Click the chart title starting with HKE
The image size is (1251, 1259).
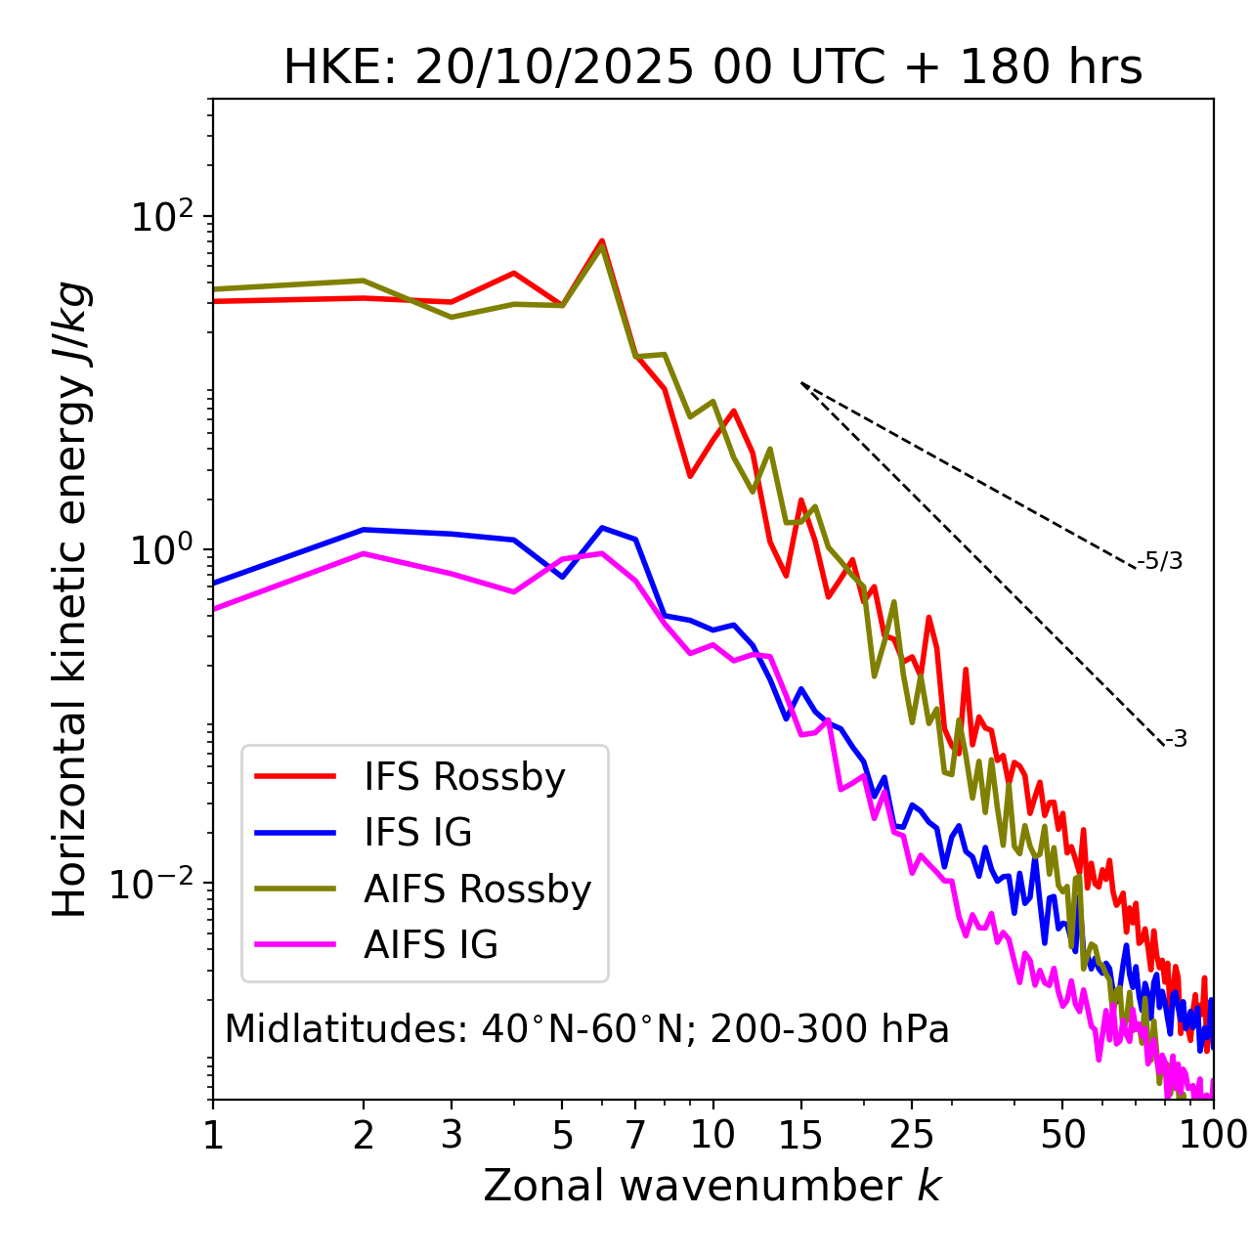pyautogui.click(x=712, y=68)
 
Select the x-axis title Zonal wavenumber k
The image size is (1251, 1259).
pyautogui.click(x=712, y=1186)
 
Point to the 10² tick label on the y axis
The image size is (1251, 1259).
pyautogui.click(x=161, y=216)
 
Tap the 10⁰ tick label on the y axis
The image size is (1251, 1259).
pyautogui.click(x=161, y=549)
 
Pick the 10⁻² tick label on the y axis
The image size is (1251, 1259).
pyautogui.click(x=156, y=884)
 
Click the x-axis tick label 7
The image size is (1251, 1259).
pyautogui.click(x=635, y=1136)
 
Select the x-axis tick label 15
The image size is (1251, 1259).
pyautogui.click(x=800, y=1136)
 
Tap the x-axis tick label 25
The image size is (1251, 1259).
pyautogui.click(x=912, y=1136)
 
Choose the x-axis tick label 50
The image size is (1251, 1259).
pyautogui.click(x=1062, y=1136)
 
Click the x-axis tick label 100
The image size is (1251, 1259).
pyautogui.click(x=1212, y=1136)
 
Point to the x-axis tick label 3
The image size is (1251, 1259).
pyautogui.click(x=452, y=1136)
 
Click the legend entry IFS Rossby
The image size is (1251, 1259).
pyautogui.click(x=464, y=777)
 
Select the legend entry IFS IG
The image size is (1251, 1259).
pyautogui.click(x=417, y=833)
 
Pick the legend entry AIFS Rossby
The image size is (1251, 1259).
pyautogui.click(x=477, y=890)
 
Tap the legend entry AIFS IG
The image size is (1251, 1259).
pyautogui.click(x=431, y=945)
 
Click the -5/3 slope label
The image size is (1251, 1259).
pyautogui.click(x=1160, y=562)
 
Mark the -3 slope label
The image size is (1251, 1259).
pyautogui.click(x=1177, y=740)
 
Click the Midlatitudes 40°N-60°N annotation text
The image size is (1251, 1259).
pyautogui.click(x=586, y=1029)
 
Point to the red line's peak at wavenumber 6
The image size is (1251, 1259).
pyautogui.click(x=602, y=240)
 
